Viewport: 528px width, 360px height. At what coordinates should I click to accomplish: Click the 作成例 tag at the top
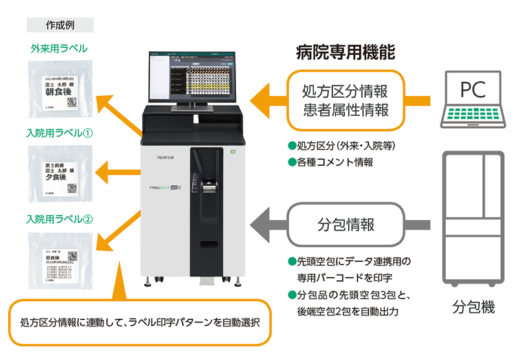tap(60, 25)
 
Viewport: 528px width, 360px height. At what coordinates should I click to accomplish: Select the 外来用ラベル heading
tap(60, 48)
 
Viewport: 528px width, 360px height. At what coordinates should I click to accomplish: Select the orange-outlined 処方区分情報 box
tap(346, 100)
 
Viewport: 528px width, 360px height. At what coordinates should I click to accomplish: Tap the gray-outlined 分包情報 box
tap(346, 225)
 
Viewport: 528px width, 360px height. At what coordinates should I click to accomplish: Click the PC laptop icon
tap(473, 100)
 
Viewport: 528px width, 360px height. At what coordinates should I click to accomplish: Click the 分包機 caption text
tap(473, 304)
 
